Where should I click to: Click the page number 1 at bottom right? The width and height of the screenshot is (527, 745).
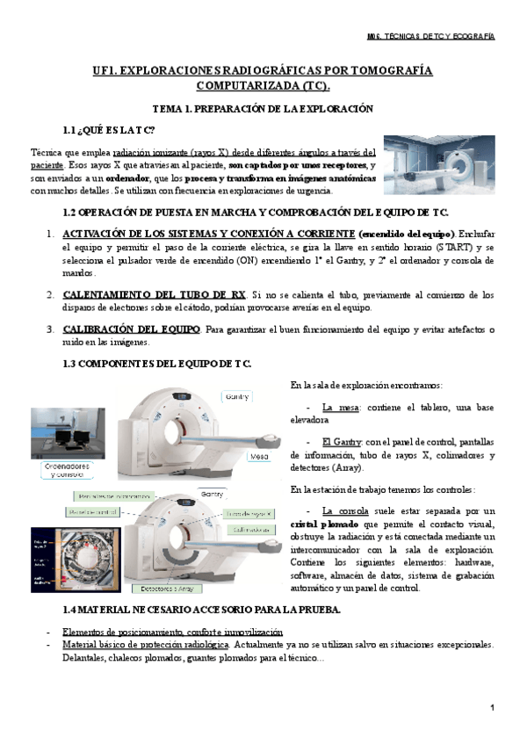493,708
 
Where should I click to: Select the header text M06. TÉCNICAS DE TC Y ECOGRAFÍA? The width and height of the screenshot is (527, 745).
429,37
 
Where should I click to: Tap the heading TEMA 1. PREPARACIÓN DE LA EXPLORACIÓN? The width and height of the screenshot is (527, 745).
263,109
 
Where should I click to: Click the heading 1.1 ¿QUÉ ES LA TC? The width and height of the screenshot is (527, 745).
109,131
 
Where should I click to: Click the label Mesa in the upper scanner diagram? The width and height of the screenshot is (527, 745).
258,457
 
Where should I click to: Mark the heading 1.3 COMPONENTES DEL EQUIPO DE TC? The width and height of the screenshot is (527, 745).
157,364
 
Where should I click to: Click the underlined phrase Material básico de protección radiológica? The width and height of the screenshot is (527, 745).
145,644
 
